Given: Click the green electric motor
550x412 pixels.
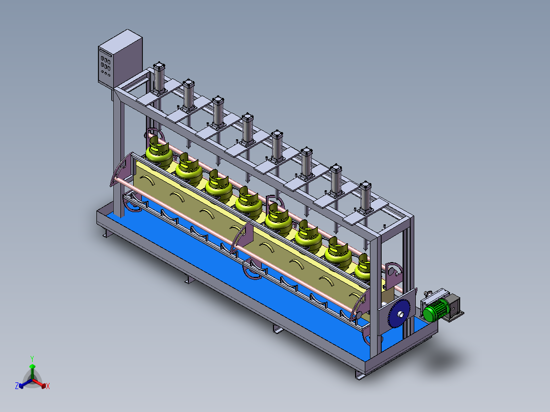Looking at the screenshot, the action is pos(435,311).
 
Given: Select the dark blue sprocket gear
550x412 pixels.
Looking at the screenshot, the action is pos(399,314).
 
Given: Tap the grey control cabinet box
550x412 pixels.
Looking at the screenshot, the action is pos(120,59).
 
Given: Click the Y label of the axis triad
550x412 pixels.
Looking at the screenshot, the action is pos(32,359).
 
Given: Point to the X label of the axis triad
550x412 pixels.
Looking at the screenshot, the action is pos(48,386).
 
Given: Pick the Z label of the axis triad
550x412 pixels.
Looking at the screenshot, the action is pos(17,386).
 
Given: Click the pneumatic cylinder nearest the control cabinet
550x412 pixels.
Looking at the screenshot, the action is pos(159,79).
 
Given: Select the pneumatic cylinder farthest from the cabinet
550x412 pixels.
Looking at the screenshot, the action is pos(365,197).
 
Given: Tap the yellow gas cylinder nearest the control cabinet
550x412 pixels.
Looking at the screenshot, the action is pos(159,152).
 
